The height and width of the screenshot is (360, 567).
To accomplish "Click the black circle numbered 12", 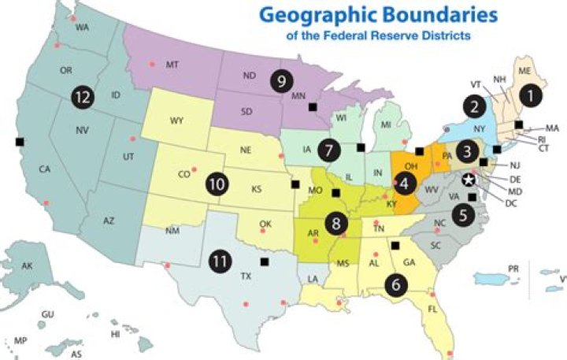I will [80, 96].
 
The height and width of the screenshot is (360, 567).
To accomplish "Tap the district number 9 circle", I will [280, 80].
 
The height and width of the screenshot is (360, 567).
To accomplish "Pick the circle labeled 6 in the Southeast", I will [396, 284].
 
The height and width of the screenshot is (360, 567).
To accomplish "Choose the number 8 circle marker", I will [337, 224].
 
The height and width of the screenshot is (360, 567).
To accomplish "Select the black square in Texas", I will [265, 261].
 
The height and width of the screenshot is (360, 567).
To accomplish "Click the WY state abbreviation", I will [176, 122].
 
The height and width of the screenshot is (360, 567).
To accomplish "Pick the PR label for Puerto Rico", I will [513, 269].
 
